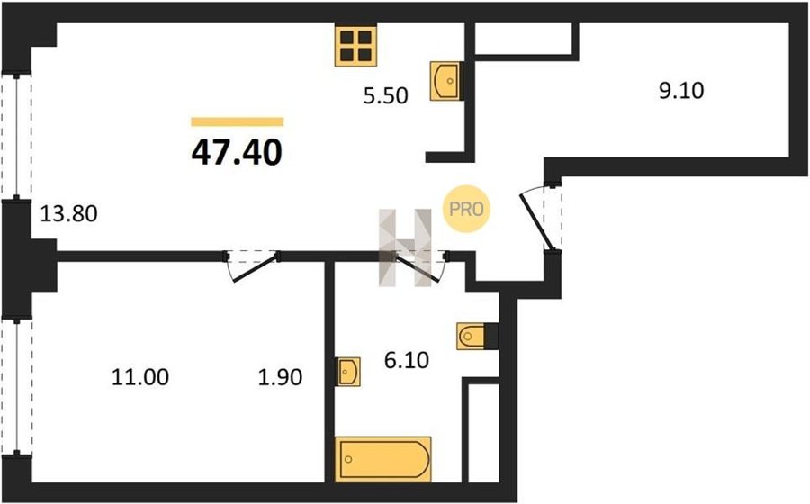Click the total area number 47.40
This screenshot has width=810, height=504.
point(237,153)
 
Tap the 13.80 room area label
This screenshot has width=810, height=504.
point(68,213)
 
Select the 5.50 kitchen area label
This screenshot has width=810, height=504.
point(385,96)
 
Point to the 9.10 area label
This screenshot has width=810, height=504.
point(681,91)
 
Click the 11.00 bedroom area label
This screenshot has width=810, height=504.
point(140,377)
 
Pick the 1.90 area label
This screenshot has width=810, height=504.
point(280,377)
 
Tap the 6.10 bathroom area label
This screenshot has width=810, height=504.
point(407,360)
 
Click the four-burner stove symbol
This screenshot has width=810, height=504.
point(355,45)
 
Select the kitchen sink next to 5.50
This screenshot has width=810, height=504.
point(445,81)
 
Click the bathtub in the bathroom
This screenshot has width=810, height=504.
point(382,459)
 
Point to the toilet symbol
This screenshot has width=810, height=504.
point(472,337)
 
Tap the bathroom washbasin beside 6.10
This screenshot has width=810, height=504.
point(347,372)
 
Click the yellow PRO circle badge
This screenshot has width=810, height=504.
point(466,209)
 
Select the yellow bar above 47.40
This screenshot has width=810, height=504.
point(237,121)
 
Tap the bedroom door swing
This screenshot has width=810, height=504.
point(253,265)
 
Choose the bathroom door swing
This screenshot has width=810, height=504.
point(419,265)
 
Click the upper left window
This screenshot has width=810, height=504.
point(16,136)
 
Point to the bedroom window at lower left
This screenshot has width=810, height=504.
point(16,387)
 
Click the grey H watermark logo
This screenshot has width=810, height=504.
point(406,247)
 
